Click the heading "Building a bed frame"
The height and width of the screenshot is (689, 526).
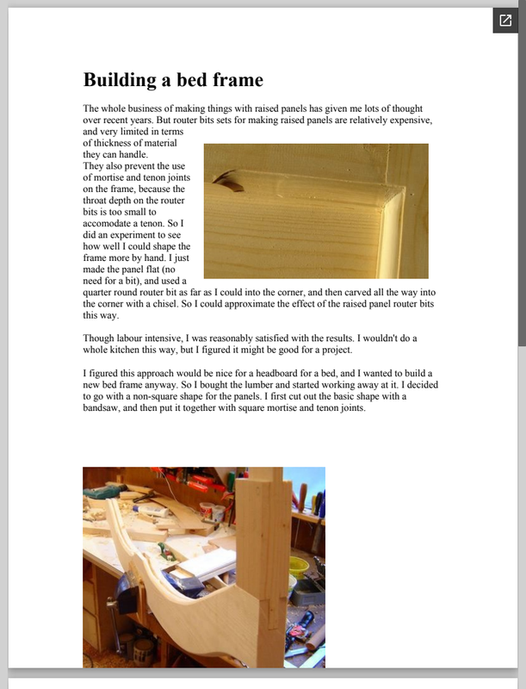pyautogui.click(x=173, y=80)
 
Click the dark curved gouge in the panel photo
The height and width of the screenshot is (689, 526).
pyautogui.click(x=228, y=181)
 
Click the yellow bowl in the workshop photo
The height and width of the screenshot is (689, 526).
pyautogui.click(x=298, y=564)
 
